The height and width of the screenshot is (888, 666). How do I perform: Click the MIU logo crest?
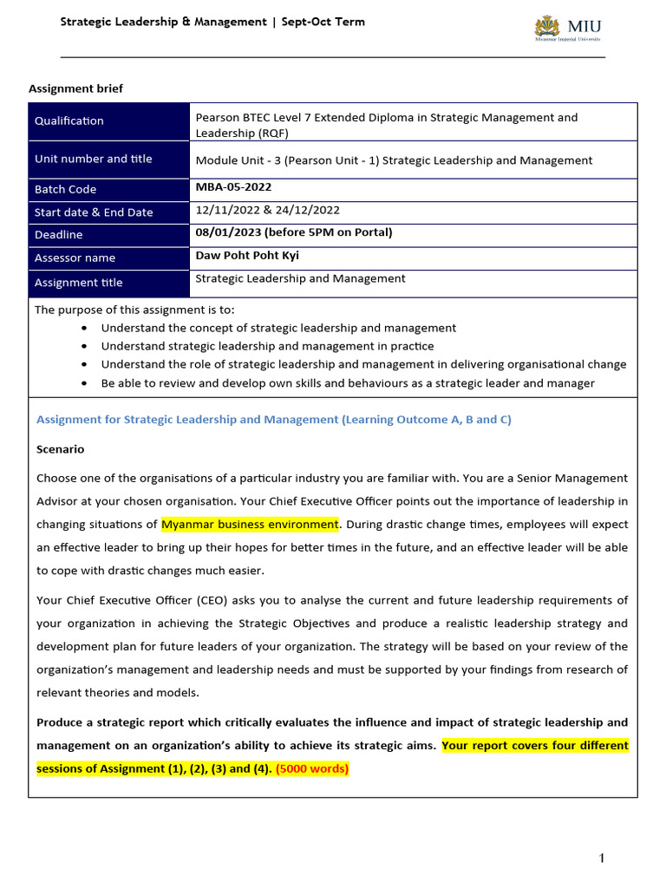546,27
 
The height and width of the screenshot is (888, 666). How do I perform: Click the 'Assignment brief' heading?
76,88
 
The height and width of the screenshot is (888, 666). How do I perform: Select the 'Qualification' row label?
69,121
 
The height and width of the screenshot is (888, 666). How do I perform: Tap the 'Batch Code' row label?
66,189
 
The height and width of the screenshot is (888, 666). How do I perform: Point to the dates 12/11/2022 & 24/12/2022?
268,210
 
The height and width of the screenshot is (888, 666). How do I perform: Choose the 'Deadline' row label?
59,235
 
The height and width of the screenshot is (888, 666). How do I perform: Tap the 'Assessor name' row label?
75,258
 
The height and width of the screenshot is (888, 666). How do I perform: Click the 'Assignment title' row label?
79,283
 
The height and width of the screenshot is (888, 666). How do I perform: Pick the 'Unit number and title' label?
94,159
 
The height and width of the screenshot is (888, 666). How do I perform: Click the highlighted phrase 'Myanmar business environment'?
250,525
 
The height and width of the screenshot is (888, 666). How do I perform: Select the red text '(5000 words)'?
312,768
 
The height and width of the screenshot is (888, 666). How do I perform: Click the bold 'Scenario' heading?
61,449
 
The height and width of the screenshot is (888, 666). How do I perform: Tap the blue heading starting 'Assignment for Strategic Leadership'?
274,420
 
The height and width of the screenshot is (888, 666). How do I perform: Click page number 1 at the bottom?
601,859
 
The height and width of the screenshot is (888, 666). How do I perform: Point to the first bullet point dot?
83,329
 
